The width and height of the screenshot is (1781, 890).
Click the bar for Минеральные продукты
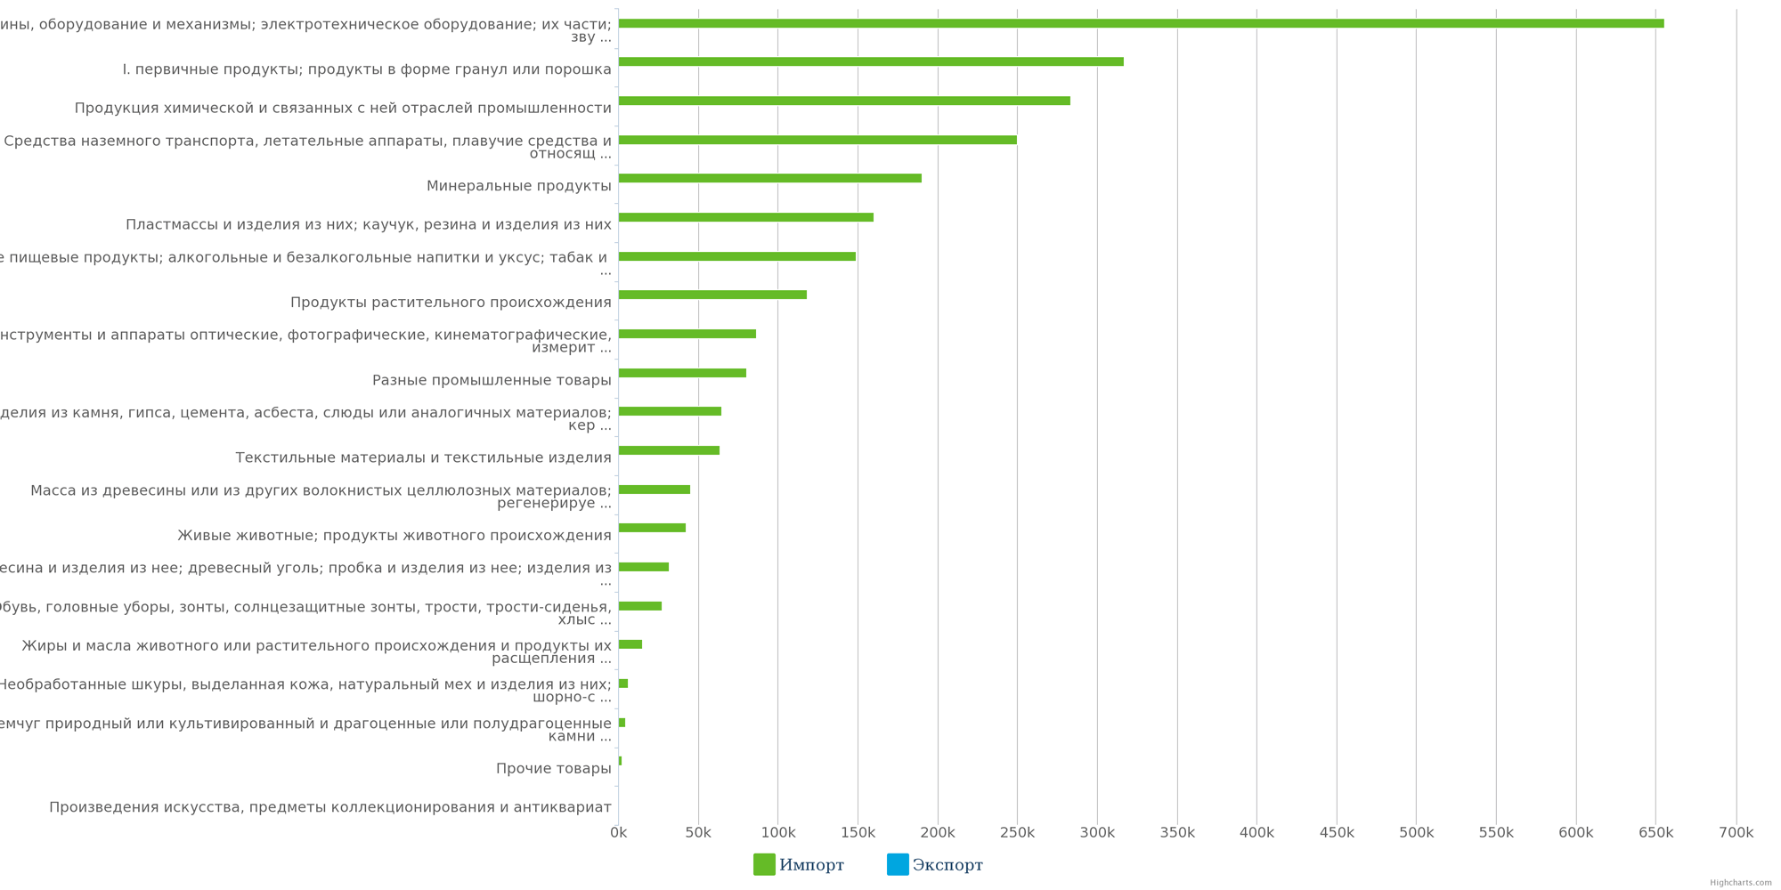point(769,178)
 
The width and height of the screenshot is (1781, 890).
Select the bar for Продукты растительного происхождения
point(712,295)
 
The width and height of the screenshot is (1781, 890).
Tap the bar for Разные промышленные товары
point(682,373)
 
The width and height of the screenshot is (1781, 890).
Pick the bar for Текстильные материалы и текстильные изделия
point(669,450)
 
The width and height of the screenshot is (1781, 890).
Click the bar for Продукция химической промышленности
point(844,101)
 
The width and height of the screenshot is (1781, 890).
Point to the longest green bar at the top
point(1141,23)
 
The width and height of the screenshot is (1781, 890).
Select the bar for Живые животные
point(652,528)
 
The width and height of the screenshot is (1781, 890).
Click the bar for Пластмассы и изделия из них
point(745,217)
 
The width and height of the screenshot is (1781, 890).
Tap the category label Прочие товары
point(553,769)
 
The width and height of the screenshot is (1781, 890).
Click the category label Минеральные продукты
point(518,186)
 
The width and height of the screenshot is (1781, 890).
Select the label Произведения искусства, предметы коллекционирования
point(329,807)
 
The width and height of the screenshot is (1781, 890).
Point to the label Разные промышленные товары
point(492,380)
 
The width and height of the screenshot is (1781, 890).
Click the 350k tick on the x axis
point(1176,833)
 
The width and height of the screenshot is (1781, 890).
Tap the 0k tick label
point(618,833)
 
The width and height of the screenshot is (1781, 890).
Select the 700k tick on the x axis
point(1736,833)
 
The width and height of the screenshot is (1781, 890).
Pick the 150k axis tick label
point(858,833)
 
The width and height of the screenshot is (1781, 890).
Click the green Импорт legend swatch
point(764,864)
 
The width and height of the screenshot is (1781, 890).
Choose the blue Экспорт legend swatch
point(898,864)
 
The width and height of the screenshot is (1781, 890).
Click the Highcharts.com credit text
point(1740,883)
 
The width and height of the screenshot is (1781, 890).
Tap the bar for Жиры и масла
point(630,644)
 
